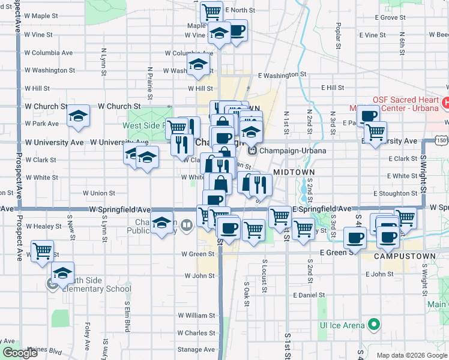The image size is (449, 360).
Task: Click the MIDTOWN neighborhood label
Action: point(294,172)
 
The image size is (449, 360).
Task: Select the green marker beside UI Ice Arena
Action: point(373,325)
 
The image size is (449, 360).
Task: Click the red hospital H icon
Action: point(445,103)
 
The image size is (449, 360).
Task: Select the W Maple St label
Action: point(45,16)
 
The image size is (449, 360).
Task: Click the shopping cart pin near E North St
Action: point(211,11)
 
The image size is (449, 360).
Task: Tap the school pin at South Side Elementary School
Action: point(62,273)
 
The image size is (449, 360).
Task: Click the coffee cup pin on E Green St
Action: point(355,237)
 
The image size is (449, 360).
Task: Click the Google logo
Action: point(20,353)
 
